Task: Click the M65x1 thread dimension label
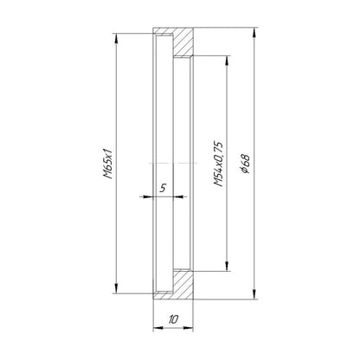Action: click(108, 164)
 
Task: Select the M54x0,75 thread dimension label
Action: click(218, 164)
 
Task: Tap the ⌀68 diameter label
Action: click(246, 164)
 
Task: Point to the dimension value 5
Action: click(163, 189)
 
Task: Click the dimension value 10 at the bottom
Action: click(173, 319)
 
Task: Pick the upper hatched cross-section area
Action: click(183, 42)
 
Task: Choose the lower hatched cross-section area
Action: click(183, 284)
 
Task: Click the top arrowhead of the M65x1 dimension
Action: click(116, 39)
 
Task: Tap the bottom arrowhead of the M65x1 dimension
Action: click(116, 288)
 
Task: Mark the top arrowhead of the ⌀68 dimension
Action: click(254, 33)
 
